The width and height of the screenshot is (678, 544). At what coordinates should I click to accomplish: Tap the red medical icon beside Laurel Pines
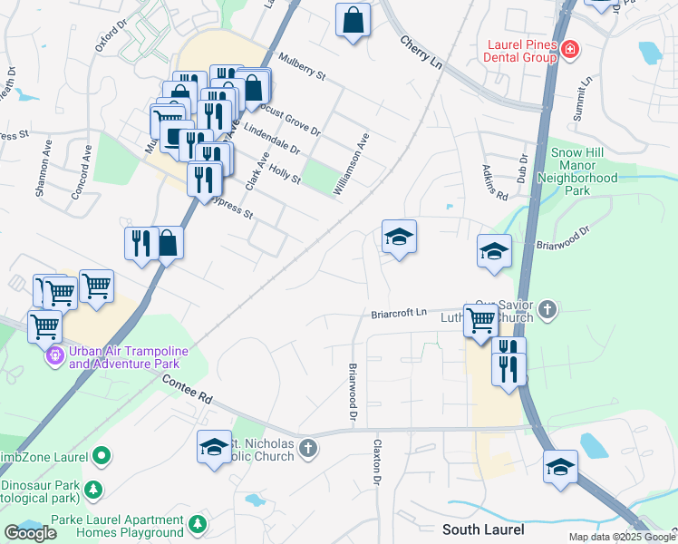pos(570,49)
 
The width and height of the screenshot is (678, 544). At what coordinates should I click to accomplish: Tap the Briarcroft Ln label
pos(398,315)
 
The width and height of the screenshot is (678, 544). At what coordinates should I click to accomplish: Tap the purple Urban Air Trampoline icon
pos(54,355)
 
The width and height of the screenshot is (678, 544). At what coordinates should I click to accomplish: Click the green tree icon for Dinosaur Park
pos(92,490)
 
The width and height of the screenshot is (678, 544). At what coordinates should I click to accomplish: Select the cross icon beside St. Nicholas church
pos(308,448)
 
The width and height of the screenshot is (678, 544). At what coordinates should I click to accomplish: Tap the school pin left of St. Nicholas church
pos(214,446)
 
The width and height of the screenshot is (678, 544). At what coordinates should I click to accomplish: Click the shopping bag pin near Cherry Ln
pos(353,20)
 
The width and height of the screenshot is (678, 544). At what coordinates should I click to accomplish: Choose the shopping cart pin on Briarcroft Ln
pos(480,320)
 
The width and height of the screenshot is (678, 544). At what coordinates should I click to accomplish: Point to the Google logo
pos(30,533)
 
